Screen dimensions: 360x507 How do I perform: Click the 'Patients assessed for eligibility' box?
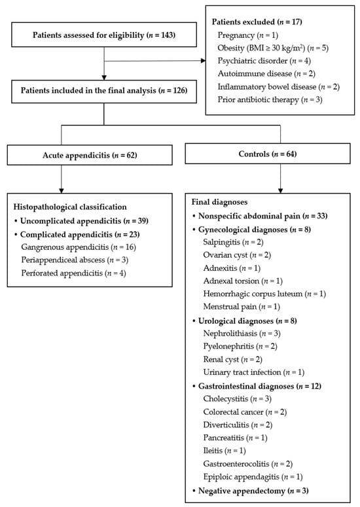click(104, 35)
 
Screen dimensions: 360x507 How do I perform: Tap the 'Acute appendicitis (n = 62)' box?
click(90, 155)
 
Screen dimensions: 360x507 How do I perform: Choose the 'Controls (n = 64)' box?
click(268, 154)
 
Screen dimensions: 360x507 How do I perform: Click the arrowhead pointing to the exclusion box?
click(203, 60)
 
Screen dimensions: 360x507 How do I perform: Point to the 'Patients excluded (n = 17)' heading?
click(257, 22)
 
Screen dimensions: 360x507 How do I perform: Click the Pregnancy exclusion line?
click(248, 35)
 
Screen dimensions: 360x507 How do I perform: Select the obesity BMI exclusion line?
click(273, 48)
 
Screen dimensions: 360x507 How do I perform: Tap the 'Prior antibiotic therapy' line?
click(270, 99)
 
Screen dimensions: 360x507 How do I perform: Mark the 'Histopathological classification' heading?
click(70, 207)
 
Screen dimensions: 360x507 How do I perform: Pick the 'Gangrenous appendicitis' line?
click(79, 247)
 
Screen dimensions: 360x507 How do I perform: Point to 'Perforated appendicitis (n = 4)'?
click(73, 273)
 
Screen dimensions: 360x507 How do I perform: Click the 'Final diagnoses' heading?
click(219, 202)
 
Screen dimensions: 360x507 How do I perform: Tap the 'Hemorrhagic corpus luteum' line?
click(264, 294)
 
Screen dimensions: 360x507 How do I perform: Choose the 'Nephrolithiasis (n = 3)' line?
click(242, 334)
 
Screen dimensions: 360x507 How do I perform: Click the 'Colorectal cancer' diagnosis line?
click(245, 412)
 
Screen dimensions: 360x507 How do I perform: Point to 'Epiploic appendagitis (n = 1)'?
click(253, 477)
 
